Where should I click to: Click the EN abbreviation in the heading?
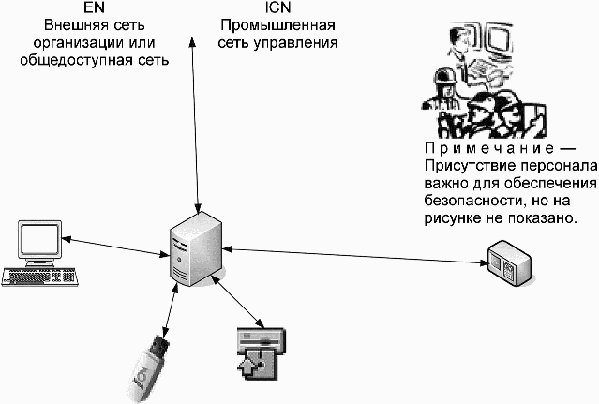pos(94,7)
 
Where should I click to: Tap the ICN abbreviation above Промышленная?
pos(277,7)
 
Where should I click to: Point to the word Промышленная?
pos(277,25)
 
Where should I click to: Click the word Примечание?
pos(489,148)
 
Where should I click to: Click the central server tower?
pos(196,249)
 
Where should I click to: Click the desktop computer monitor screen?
pos(40,239)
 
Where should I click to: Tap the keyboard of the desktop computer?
pos(39,277)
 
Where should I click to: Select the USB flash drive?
pos(148,368)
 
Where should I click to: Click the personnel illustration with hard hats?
pos(485,81)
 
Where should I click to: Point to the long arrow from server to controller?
pos(356,256)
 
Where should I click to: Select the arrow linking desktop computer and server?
pos(115,247)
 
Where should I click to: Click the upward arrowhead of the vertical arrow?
pos(193,41)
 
